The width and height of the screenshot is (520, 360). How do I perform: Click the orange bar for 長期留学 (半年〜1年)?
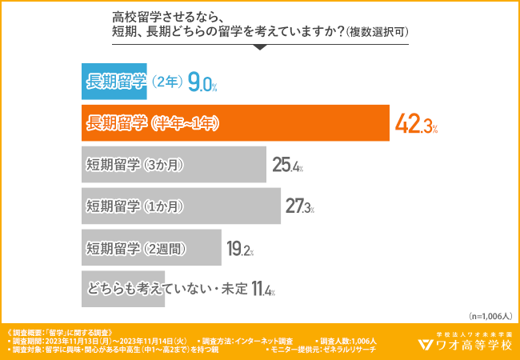235,123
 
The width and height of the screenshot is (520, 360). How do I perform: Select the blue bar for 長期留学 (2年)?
132,81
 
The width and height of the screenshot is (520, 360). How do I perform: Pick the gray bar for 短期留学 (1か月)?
181,206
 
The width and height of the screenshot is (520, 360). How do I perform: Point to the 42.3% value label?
417,124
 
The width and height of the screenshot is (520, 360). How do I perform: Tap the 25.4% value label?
287,166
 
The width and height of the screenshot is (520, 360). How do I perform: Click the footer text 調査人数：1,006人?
349,341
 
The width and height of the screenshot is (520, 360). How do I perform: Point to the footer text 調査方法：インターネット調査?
248,341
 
